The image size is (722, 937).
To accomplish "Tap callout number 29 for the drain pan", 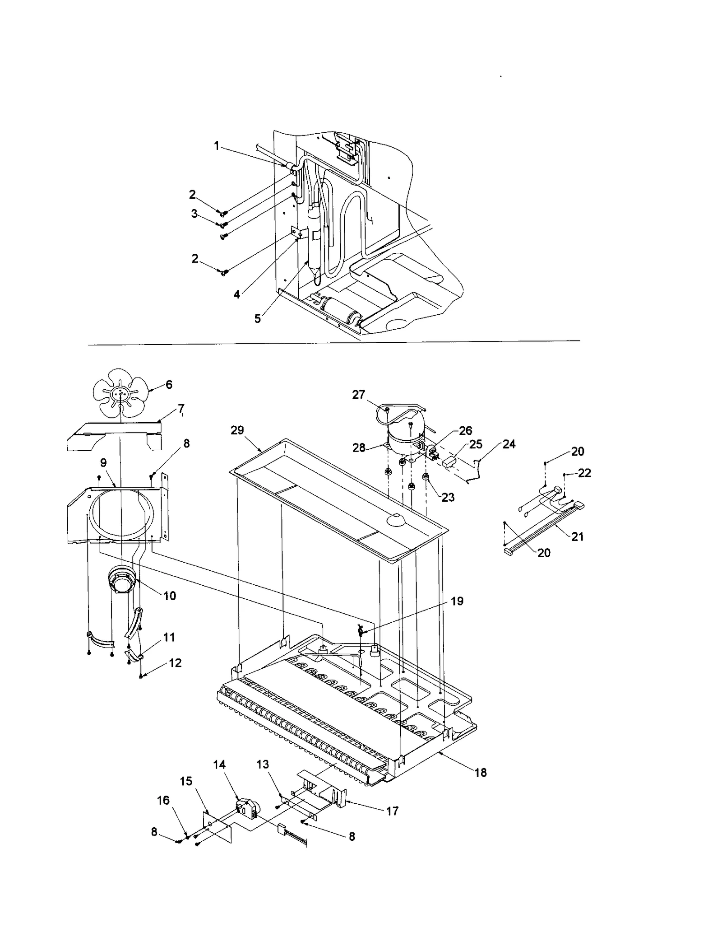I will (x=237, y=430).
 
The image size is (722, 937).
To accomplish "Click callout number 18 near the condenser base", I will (x=481, y=773).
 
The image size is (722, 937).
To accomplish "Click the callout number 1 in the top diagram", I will (x=217, y=146).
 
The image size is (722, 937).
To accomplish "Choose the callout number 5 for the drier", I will (x=257, y=318).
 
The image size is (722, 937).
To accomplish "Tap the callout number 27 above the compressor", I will (x=358, y=395).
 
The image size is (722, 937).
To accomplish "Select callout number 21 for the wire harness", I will (x=578, y=536).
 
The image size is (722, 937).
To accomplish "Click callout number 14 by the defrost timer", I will (x=219, y=765).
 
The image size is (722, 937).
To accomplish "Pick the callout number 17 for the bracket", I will (x=393, y=811).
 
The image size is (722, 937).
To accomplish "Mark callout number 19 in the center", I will (x=457, y=601).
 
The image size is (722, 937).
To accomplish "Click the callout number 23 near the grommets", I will (x=448, y=497).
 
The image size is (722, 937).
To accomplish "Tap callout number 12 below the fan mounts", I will (x=175, y=663).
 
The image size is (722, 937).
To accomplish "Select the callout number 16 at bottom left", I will (x=163, y=800).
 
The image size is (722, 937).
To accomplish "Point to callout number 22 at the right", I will (x=584, y=473).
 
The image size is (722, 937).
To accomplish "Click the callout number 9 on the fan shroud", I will (x=103, y=462).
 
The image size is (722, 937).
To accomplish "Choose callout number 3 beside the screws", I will (x=194, y=214).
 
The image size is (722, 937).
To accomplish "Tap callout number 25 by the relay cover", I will (x=476, y=445).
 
